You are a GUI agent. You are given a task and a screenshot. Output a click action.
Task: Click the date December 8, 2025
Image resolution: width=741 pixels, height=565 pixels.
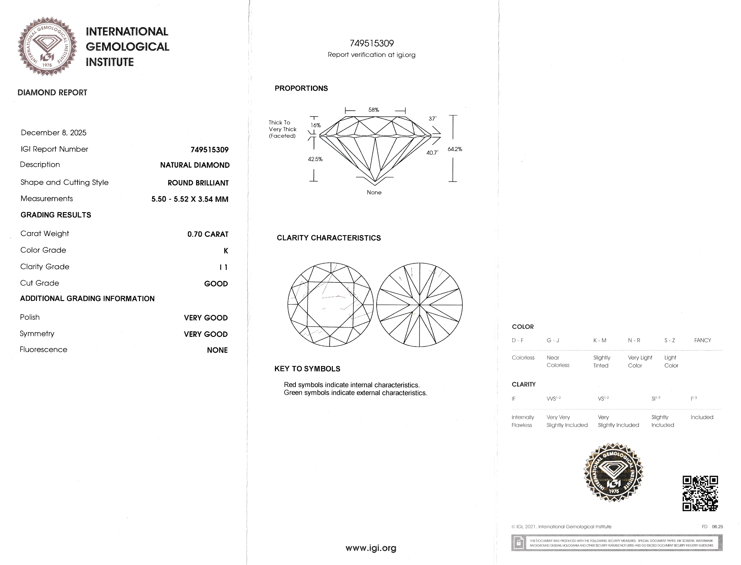[54, 133]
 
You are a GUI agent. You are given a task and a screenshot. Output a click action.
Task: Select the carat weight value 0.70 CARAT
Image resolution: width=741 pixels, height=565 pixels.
[208, 234]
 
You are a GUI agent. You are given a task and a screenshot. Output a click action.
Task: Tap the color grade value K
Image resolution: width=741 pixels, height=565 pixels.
[226, 251]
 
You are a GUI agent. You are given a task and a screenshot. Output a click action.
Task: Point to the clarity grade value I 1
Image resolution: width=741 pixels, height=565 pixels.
[223, 267]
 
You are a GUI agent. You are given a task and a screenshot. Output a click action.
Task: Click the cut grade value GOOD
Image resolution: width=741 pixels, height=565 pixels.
[216, 284]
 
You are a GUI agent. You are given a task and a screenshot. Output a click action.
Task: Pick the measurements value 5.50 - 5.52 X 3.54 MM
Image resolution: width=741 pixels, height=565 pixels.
[190, 199]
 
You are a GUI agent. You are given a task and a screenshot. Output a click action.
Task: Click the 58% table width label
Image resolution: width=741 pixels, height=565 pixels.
[374, 110]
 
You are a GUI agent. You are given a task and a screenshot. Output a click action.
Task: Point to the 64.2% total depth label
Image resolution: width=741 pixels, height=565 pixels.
[455, 149]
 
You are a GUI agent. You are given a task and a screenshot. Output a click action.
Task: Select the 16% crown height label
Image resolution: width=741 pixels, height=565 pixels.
[315, 125]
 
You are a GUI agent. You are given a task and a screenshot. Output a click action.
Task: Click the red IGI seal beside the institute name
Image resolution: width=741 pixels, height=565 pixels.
[47, 46]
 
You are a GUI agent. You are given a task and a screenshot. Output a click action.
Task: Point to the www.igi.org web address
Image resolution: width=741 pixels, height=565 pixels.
[371, 548]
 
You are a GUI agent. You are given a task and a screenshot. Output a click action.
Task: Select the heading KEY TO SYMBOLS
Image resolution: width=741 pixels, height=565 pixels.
[307, 369]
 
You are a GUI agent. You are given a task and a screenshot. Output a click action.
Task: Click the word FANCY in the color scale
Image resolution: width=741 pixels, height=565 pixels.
[702, 340]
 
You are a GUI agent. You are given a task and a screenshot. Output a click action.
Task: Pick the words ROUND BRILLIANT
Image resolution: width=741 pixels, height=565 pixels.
[198, 183]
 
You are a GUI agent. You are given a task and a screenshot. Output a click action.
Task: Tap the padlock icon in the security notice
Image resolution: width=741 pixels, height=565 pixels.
[519, 543]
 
